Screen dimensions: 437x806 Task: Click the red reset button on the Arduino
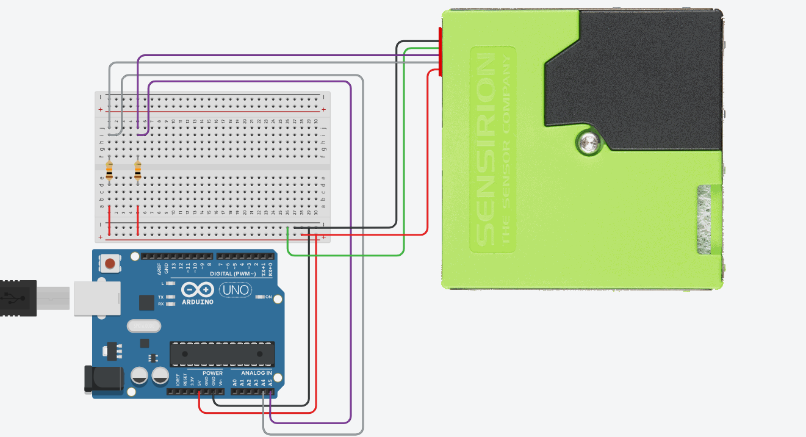[x=110, y=264]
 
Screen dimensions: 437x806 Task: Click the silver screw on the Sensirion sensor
[x=588, y=143]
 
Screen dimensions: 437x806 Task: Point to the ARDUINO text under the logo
[x=198, y=302]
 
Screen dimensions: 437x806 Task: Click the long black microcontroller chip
[x=222, y=354]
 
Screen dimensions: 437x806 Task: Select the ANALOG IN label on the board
[x=256, y=373]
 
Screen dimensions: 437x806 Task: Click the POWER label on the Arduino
[x=212, y=373]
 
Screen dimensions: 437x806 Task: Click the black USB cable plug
[x=18, y=298]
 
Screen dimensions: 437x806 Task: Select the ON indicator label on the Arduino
[x=268, y=297]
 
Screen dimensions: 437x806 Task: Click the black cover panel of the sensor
[x=647, y=73]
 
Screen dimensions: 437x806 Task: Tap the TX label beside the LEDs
[x=161, y=297]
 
